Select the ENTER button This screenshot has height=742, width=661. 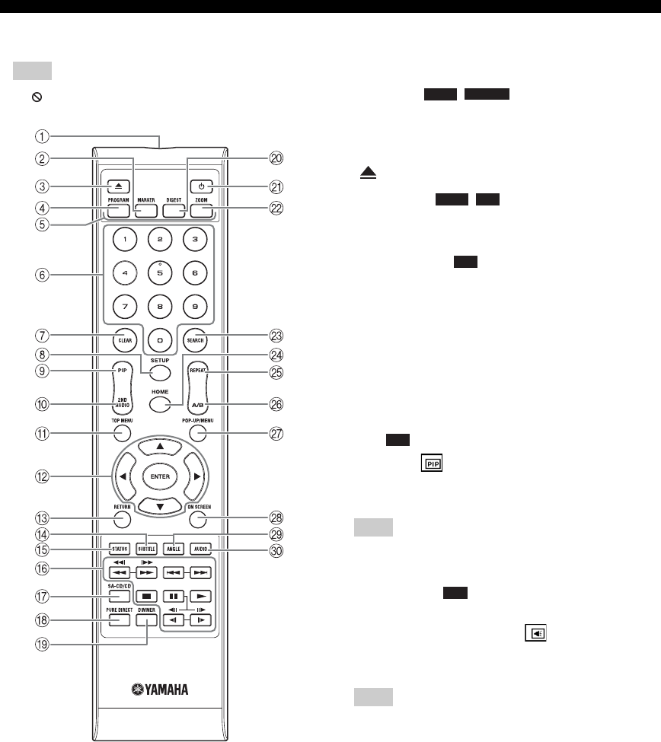(158, 476)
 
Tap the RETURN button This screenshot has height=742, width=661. (123, 521)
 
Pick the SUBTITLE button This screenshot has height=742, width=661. (146, 549)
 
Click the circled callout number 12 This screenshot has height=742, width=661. (45, 476)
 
